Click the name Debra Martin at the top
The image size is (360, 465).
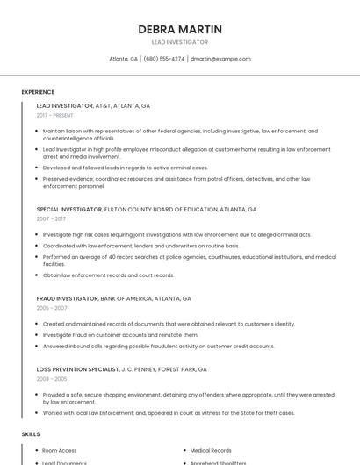pyautogui.click(x=179, y=30)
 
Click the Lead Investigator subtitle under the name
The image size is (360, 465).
pyautogui.click(x=179, y=42)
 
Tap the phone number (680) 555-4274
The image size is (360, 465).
pyautogui.click(x=164, y=59)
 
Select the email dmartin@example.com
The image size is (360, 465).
pyautogui.click(x=220, y=59)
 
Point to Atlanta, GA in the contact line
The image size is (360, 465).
pyautogui.click(x=123, y=59)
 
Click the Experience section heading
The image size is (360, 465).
pyautogui.click(x=38, y=92)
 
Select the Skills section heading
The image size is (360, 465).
pyautogui.click(x=31, y=434)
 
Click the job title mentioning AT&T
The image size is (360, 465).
pyautogui.click(x=93, y=106)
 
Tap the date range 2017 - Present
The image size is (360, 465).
pyautogui.click(x=55, y=116)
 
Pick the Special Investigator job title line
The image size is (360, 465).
pyautogui.click(x=146, y=210)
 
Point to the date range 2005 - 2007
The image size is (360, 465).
pyautogui.click(x=52, y=308)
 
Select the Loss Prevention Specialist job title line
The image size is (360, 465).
pyautogui.click(x=121, y=369)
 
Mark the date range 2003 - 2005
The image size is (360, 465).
pyautogui.click(x=52, y=379)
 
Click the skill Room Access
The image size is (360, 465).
pyautogui.click(x=60, y=450)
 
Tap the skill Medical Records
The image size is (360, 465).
pyautogui.click(x=211, y=450)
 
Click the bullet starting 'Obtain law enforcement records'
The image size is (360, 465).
pyautogui.click(x=108, y=275)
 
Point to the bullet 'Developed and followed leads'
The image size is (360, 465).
pyautogui.click(x=126, y=168)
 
